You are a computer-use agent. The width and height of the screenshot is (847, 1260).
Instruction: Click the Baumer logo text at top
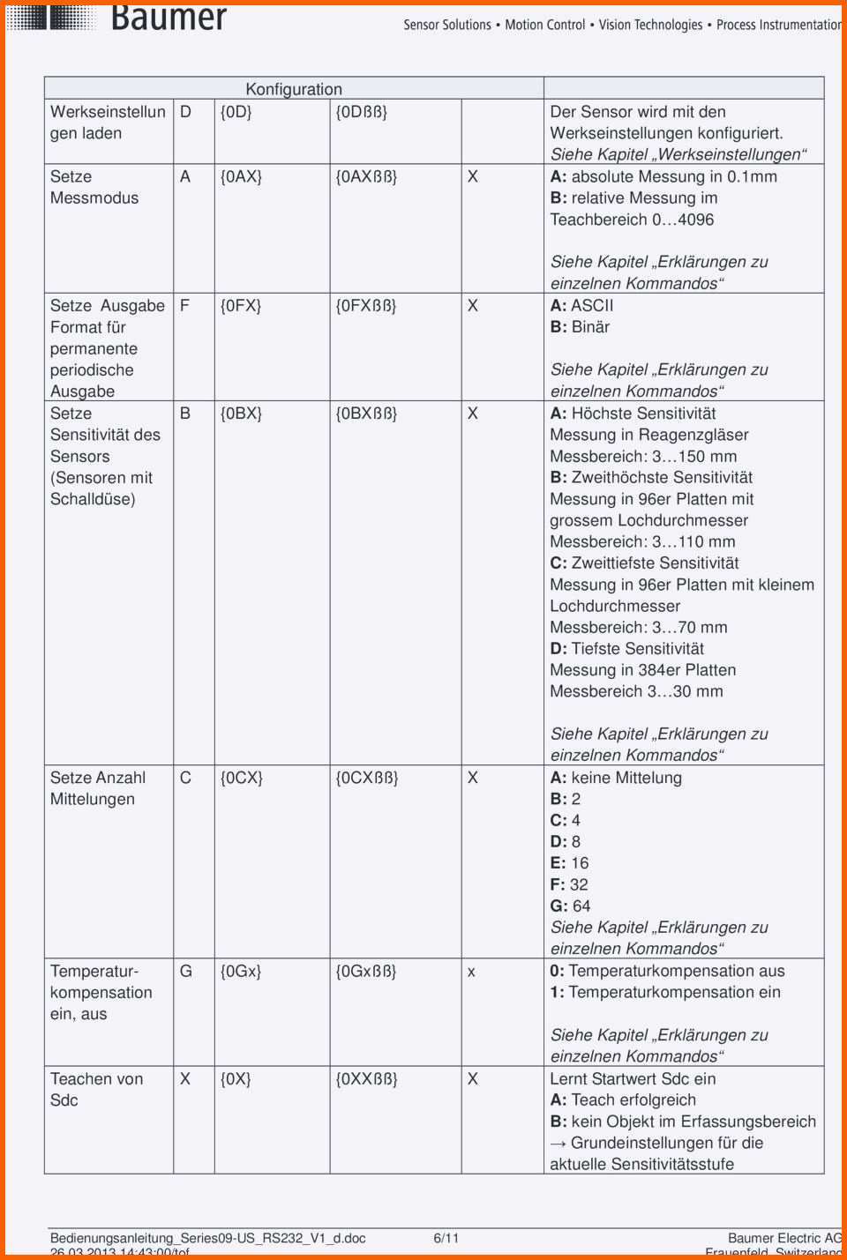coord(169,18)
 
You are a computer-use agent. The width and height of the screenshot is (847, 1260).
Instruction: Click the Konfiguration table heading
coord(294,89)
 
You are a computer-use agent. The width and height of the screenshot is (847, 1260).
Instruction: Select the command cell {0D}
coord(236,112)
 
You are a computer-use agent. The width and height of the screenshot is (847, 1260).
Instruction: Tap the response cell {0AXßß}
coord(366,176)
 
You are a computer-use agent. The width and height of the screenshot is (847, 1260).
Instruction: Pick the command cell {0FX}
coord(240,306)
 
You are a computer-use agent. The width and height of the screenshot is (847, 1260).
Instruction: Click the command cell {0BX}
coord(241,414)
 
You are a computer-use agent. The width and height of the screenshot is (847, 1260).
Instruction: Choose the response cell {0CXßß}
coord(367,778)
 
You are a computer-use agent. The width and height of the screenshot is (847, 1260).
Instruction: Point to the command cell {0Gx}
coord(240,971)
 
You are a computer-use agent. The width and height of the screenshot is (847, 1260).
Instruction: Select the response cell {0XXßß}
coord(366,1078)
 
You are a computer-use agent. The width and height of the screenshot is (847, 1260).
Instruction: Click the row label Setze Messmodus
coord(94,187)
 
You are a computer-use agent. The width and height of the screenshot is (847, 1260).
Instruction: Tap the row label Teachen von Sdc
coord(96,1089)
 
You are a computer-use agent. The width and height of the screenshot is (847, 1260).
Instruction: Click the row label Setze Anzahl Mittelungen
coord(97,788)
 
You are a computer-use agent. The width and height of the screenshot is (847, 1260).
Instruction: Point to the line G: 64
coord(570,906)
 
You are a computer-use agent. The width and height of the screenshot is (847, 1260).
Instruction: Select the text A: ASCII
coord(581,306)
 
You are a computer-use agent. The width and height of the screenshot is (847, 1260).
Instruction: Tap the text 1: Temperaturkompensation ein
coord(665,992)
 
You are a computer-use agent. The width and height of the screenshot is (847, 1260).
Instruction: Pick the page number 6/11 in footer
coord(446,1238)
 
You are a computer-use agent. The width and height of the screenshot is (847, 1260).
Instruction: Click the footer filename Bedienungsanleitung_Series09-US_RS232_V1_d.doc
coord(207,1238)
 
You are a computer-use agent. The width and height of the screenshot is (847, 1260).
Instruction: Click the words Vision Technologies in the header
coord(650,25)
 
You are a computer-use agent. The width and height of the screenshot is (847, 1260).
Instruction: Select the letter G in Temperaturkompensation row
coord(185,971)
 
